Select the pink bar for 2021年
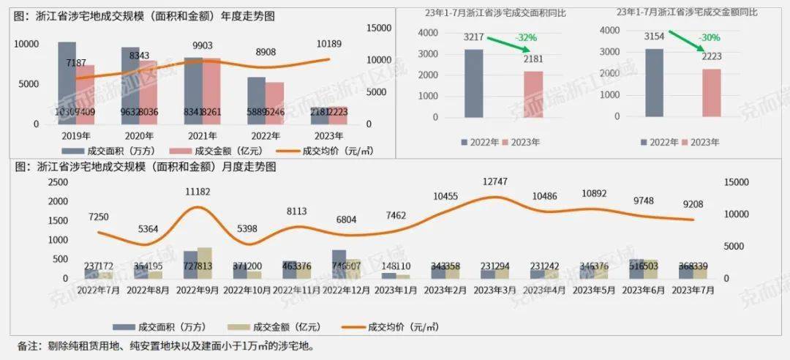(211, 91)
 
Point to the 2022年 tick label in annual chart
(266, 135)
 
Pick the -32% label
(527, 37)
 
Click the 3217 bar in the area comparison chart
(474, 83)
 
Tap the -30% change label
(708, 37)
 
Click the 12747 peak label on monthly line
(495, 181)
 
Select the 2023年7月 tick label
(689, 290)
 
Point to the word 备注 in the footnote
(27, 345)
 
